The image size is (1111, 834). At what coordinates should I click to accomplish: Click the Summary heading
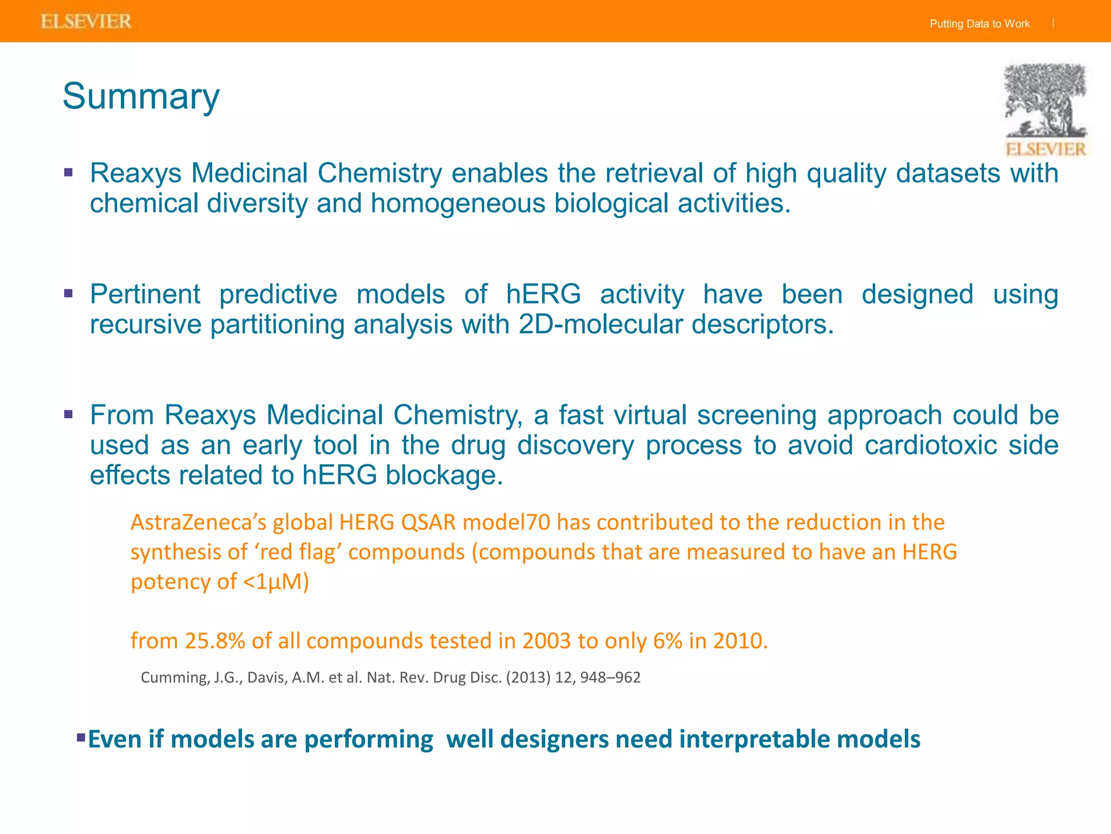pos(141,97)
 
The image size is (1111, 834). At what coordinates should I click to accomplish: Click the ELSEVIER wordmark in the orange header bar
pos(86,22)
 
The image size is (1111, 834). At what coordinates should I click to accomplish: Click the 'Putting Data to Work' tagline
pos(979,24)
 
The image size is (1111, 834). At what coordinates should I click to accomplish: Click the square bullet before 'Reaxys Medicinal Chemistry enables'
pos(68,173)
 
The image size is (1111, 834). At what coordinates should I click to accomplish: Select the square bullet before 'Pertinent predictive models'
pos(68,294)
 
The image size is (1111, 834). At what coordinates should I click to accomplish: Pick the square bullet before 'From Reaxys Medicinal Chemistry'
pos(68,415)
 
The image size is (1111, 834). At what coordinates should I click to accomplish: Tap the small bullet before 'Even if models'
pos(81,737)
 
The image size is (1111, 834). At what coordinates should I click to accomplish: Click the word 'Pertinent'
pos(145,294)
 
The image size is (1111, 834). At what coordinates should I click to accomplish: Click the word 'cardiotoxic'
pos(930,445)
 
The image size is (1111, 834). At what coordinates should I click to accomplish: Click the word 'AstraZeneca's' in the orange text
pos(199,522)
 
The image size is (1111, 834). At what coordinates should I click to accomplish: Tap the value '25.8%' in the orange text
pos(215,641)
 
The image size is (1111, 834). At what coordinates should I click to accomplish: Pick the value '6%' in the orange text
pos(667,641)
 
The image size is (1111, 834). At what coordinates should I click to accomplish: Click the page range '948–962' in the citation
pos(610,678)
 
